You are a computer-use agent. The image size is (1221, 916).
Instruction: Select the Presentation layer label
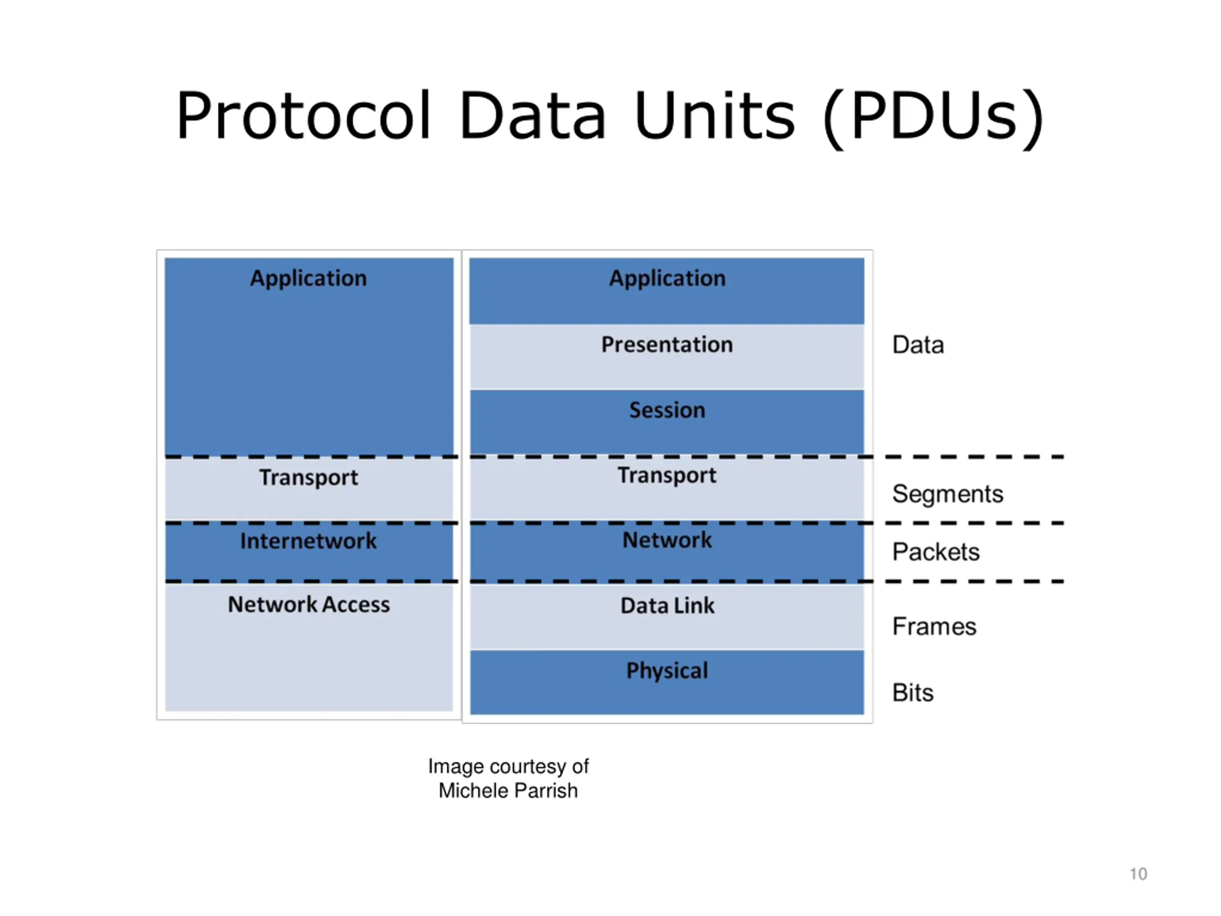point(667,344)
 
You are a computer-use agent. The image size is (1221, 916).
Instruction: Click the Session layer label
point(667,410)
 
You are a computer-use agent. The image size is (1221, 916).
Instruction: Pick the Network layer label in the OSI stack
point(667,540)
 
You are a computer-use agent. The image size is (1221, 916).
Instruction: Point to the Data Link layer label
point(667,606)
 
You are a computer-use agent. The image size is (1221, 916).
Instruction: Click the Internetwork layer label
point(308,541)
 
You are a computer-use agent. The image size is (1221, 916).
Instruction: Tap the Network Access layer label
point(309,604)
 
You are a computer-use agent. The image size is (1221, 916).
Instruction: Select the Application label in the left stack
point(308,279)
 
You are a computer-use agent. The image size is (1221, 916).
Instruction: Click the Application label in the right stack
point(667,279)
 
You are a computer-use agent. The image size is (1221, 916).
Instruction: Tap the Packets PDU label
point(936,552)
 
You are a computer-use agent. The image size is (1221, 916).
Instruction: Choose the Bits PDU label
point(912,693)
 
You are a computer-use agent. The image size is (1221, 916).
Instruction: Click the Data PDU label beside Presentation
point(918,345)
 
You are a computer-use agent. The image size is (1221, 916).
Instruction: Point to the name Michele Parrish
point(508,791)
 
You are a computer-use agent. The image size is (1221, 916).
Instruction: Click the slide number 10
point(1138,874)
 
